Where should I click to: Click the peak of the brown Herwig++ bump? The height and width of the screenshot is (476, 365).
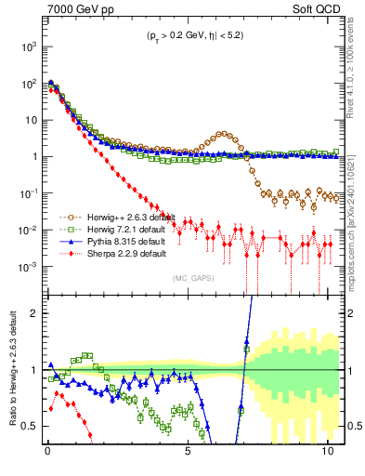click(223, 134)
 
